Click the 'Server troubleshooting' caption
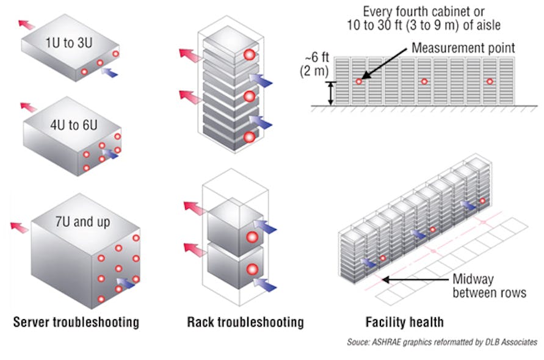point(76,322)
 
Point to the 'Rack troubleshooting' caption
point(245,322)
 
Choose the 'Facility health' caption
point(404,322)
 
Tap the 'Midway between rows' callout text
point(489,286)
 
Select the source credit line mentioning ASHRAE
point(442,342)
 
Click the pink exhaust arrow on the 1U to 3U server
point(26,24)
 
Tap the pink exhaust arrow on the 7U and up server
point(20,227)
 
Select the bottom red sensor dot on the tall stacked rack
point(248,138)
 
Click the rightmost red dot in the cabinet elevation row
point(489,82)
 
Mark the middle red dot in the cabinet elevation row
point(424,82)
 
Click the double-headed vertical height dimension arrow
point(330,93)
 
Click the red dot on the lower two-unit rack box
point(250,269)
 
